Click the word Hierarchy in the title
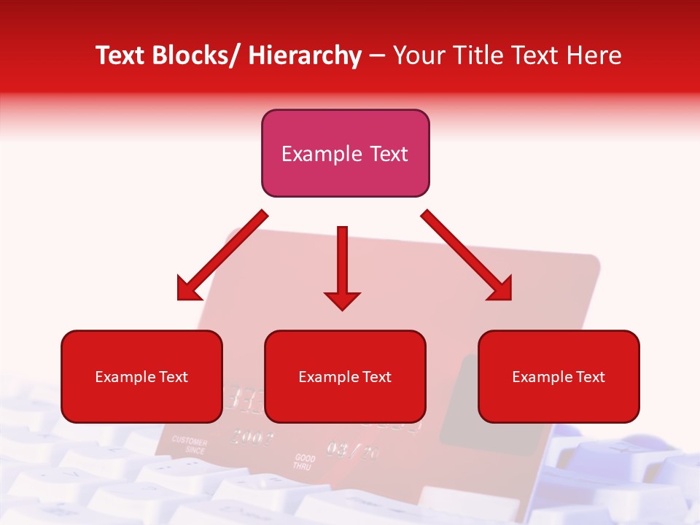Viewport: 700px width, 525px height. (x=305, y=55)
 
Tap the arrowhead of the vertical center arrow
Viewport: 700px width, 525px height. (x=342, y=300)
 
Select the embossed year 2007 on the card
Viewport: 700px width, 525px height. (x=251, y=437)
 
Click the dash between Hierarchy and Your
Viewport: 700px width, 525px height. (x=377, y=55)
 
